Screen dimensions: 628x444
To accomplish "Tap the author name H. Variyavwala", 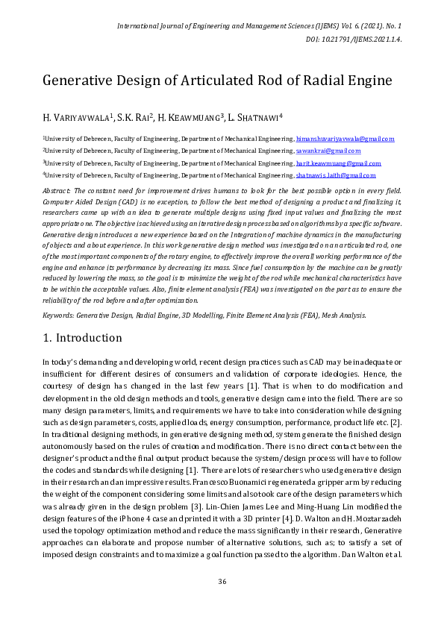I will coord(77,117).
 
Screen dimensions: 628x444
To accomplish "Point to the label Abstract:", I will coord(57,192).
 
